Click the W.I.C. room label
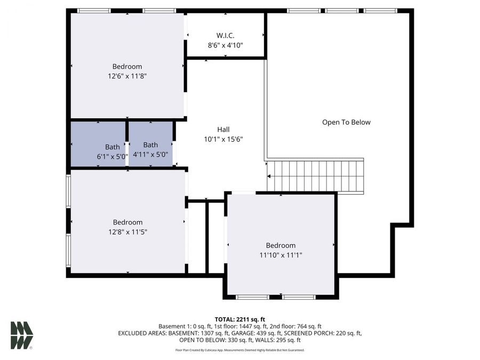tap(225, 36)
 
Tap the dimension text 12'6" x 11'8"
tap(127, 76)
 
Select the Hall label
tap(223, 130)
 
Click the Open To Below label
tap(346, 122)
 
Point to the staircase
tap(315, 176)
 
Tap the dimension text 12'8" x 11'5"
tap(127, 232)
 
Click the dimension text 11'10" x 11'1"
tap(281, 255)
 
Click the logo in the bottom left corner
tap(22, 335)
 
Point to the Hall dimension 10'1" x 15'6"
tap(223, 139)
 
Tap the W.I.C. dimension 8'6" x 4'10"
tap(225, 45)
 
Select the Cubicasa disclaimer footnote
tap(239, 350)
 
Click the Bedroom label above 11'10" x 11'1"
tap(281, 245)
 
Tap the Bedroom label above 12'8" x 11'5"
tap(127, 222)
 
